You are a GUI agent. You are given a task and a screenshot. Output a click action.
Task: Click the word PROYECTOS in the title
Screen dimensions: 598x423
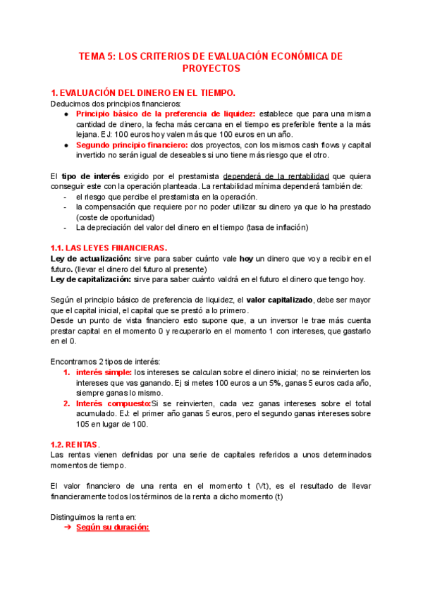pyautogui.click(x=211, y=68)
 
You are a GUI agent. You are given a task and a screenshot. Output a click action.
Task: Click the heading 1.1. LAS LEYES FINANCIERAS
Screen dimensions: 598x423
pyautogui.click(x=109, y=248)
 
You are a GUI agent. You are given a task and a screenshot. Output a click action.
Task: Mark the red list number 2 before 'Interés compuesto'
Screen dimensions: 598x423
pyautogui.click(x=66, y=403)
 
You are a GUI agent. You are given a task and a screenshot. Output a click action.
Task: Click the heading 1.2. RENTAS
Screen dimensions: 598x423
pyautogui.click(x=76, y=444)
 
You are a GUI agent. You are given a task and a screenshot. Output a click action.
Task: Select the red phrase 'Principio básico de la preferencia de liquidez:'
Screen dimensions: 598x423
pyautogui.click(x=166, y=114)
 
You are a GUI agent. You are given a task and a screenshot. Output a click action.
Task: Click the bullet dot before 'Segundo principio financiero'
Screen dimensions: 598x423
pyautogui.click(x=66, y=145)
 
